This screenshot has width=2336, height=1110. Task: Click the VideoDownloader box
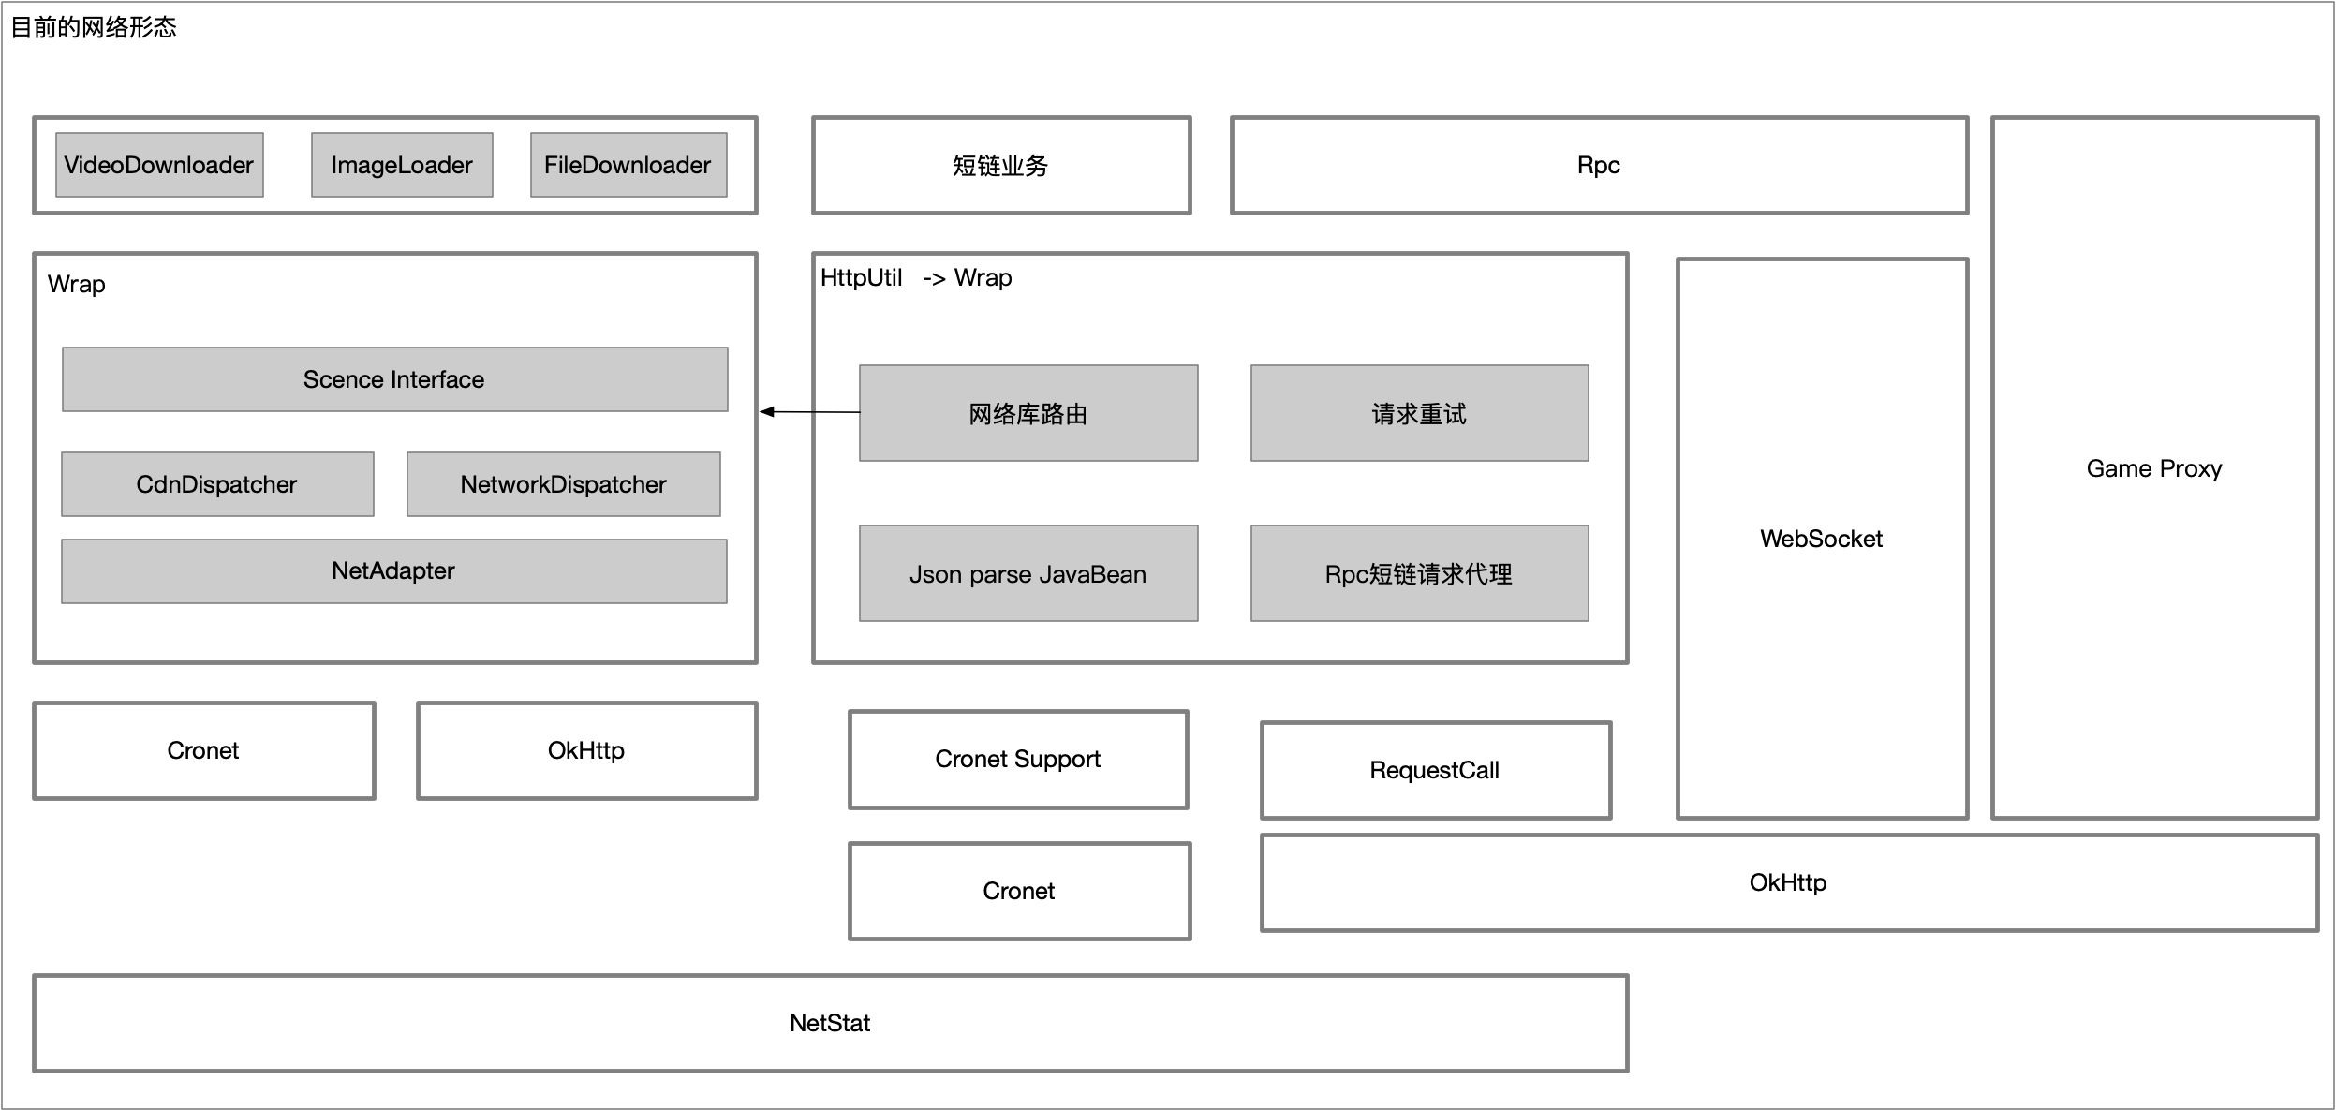click(x=159, y=165)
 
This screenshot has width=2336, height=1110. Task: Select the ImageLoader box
click(x=402, y=165)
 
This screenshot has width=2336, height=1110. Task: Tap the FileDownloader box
click(x=628, y=165)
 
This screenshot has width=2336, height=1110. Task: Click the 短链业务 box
click(x=1001, y=166)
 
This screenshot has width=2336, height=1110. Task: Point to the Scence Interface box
click(x=394, y=379)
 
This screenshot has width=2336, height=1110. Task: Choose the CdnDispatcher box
click(x=217, y=484)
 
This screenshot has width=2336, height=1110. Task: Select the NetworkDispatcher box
click(x=563, y=484)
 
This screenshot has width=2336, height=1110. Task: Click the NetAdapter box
click(x=393, y=571)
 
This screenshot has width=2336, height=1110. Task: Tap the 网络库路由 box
click(x=1028, y=413)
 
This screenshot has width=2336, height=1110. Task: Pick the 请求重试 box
click(x=1419, y=413)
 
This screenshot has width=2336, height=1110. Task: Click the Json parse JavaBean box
click(x=1028, y=573)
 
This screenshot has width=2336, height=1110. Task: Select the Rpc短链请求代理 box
click(x=1419, y=573)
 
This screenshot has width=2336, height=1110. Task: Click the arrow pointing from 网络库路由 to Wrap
click(x=810, y=412)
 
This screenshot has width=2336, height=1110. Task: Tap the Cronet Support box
click(x=1018, y=760)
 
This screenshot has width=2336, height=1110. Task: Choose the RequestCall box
click(x=1436, y=771)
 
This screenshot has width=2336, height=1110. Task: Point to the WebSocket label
click(x=1821, y=539)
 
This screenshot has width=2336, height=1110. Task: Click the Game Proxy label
click(x=2153, y=468)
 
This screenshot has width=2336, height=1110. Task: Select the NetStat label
click(x=830, y=1023)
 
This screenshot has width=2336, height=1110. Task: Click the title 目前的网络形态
click(x=93, y=27)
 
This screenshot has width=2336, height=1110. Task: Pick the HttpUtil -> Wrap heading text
click(x=916, y=278)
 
